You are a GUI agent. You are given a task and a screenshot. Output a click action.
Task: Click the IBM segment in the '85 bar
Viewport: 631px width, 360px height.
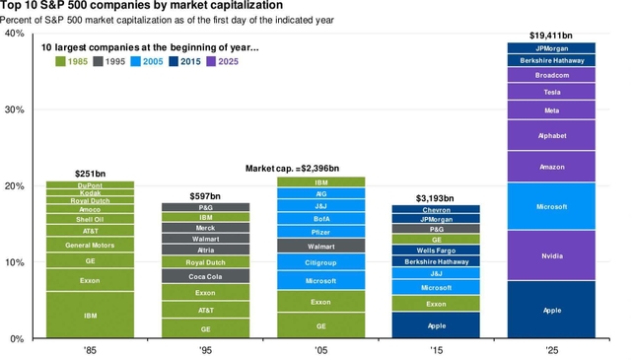coord(90,315)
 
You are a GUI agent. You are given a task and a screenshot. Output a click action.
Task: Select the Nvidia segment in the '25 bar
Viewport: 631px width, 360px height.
coord(551,255)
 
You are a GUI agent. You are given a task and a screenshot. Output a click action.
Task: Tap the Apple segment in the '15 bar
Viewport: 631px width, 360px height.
coord(436,325)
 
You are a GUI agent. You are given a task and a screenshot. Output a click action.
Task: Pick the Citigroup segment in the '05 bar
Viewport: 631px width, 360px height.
coord(321,261)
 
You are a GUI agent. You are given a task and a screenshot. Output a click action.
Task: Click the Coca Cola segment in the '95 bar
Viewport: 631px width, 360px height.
coord(205,276)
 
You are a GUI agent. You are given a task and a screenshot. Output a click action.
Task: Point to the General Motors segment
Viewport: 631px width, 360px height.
coord(90,245)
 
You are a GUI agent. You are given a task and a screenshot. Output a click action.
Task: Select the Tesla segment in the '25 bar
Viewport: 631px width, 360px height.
coord(551,92)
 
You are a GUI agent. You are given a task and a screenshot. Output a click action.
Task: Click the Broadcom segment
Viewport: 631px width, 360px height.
coord(551,75)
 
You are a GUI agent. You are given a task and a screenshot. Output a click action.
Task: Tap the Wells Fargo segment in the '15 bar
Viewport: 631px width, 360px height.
coord(436,251)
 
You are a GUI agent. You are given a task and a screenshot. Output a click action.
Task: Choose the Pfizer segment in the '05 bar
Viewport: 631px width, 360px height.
coord(321,232)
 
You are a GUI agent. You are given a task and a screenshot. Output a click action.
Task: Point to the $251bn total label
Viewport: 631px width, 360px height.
coord(90,174)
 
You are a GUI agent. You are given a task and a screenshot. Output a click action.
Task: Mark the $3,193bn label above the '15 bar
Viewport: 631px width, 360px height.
coord(436,197)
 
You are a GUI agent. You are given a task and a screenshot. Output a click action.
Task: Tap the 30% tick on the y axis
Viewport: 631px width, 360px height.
coord(14,109)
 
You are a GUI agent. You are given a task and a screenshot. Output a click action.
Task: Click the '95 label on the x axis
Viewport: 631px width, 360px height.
coord(205,350)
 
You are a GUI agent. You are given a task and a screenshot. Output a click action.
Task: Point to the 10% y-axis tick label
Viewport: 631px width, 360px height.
coord(14,262)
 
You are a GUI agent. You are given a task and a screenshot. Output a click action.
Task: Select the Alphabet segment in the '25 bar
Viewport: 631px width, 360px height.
coord(551,135)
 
